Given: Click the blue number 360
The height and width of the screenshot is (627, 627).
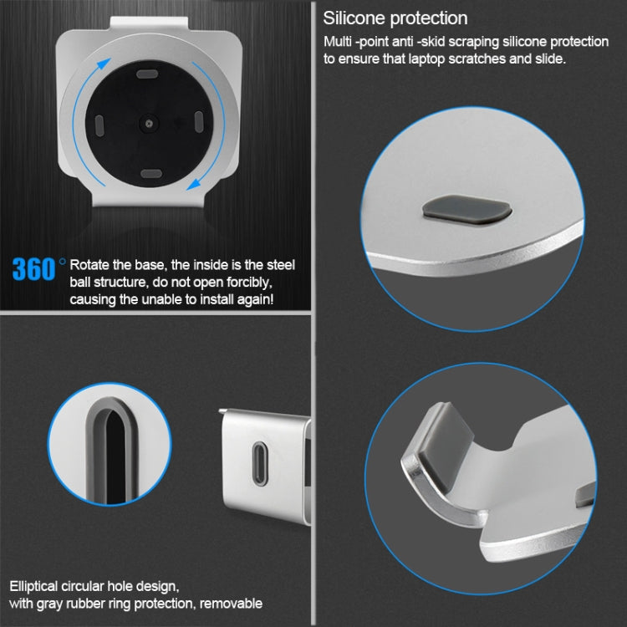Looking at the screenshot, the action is point(33,269).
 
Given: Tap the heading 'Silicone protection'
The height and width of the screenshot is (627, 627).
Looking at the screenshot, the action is point(395,18).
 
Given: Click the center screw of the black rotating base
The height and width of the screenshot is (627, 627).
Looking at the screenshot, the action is point(149,124).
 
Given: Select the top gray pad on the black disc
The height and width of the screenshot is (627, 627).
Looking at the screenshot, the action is point(147,74).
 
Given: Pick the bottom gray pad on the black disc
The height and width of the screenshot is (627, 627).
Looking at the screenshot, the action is point(151,174).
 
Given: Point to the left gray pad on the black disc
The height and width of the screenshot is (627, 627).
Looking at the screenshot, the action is point(99,125).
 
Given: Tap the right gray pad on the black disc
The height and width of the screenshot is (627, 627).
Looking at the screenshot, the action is point(199,122).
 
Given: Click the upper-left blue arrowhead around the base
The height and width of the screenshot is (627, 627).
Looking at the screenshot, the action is point(104,64).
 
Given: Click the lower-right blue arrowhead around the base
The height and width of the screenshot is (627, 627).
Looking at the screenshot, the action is point(194,185).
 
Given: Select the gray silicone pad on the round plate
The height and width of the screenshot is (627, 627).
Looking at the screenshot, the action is point(466,209).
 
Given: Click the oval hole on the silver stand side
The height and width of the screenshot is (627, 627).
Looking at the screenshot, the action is point(260,463).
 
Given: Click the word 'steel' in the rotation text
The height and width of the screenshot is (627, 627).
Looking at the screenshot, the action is point(281,265).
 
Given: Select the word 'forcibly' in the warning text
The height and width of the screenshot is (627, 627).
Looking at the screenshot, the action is point(249,283).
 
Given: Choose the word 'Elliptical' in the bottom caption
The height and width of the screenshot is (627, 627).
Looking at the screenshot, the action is point(33,587).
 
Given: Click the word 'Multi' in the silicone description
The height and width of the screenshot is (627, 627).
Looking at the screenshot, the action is point(338,42).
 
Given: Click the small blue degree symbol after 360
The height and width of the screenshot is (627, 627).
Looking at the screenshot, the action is point(62,261).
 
